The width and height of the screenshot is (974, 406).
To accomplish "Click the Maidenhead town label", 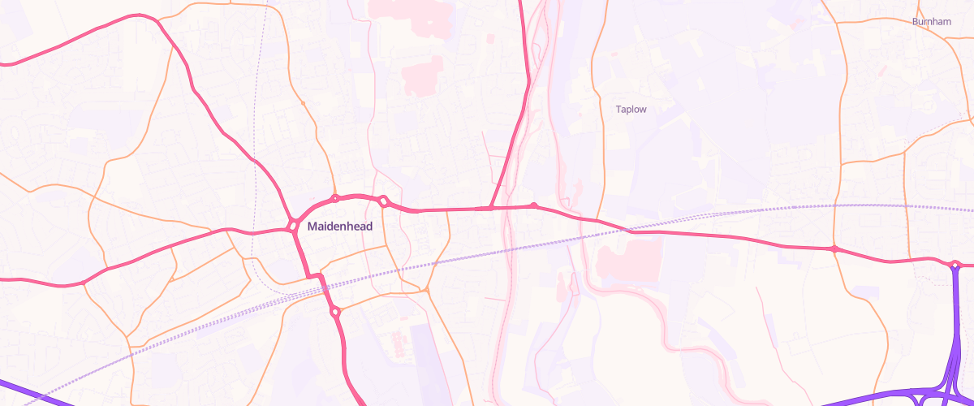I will (x=340, y=227).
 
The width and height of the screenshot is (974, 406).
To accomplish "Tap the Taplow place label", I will (x=631, y=109).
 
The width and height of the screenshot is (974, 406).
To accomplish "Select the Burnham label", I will (x=931, y=22).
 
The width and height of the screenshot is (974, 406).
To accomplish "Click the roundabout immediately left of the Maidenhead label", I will (x=292, y=225).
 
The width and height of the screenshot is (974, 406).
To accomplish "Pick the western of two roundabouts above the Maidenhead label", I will (x=334, y=198).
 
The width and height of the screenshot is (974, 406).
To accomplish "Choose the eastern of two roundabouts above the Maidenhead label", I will (x=383, y=201).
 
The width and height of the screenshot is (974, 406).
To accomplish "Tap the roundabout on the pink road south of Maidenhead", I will (x=334, y=311).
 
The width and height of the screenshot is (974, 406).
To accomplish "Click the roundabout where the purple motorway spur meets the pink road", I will (x=955, y=265).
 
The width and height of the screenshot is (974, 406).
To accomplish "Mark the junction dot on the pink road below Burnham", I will (x=834, y=248).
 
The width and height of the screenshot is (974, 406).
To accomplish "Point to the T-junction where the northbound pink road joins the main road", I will (x=491, y=208).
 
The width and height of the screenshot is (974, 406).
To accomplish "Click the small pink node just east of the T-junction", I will (x=533, y=205).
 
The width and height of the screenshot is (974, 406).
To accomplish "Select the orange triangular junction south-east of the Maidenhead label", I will (x=426, y=289).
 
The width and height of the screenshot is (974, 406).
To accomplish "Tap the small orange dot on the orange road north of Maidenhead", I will (x=303, y=103).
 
